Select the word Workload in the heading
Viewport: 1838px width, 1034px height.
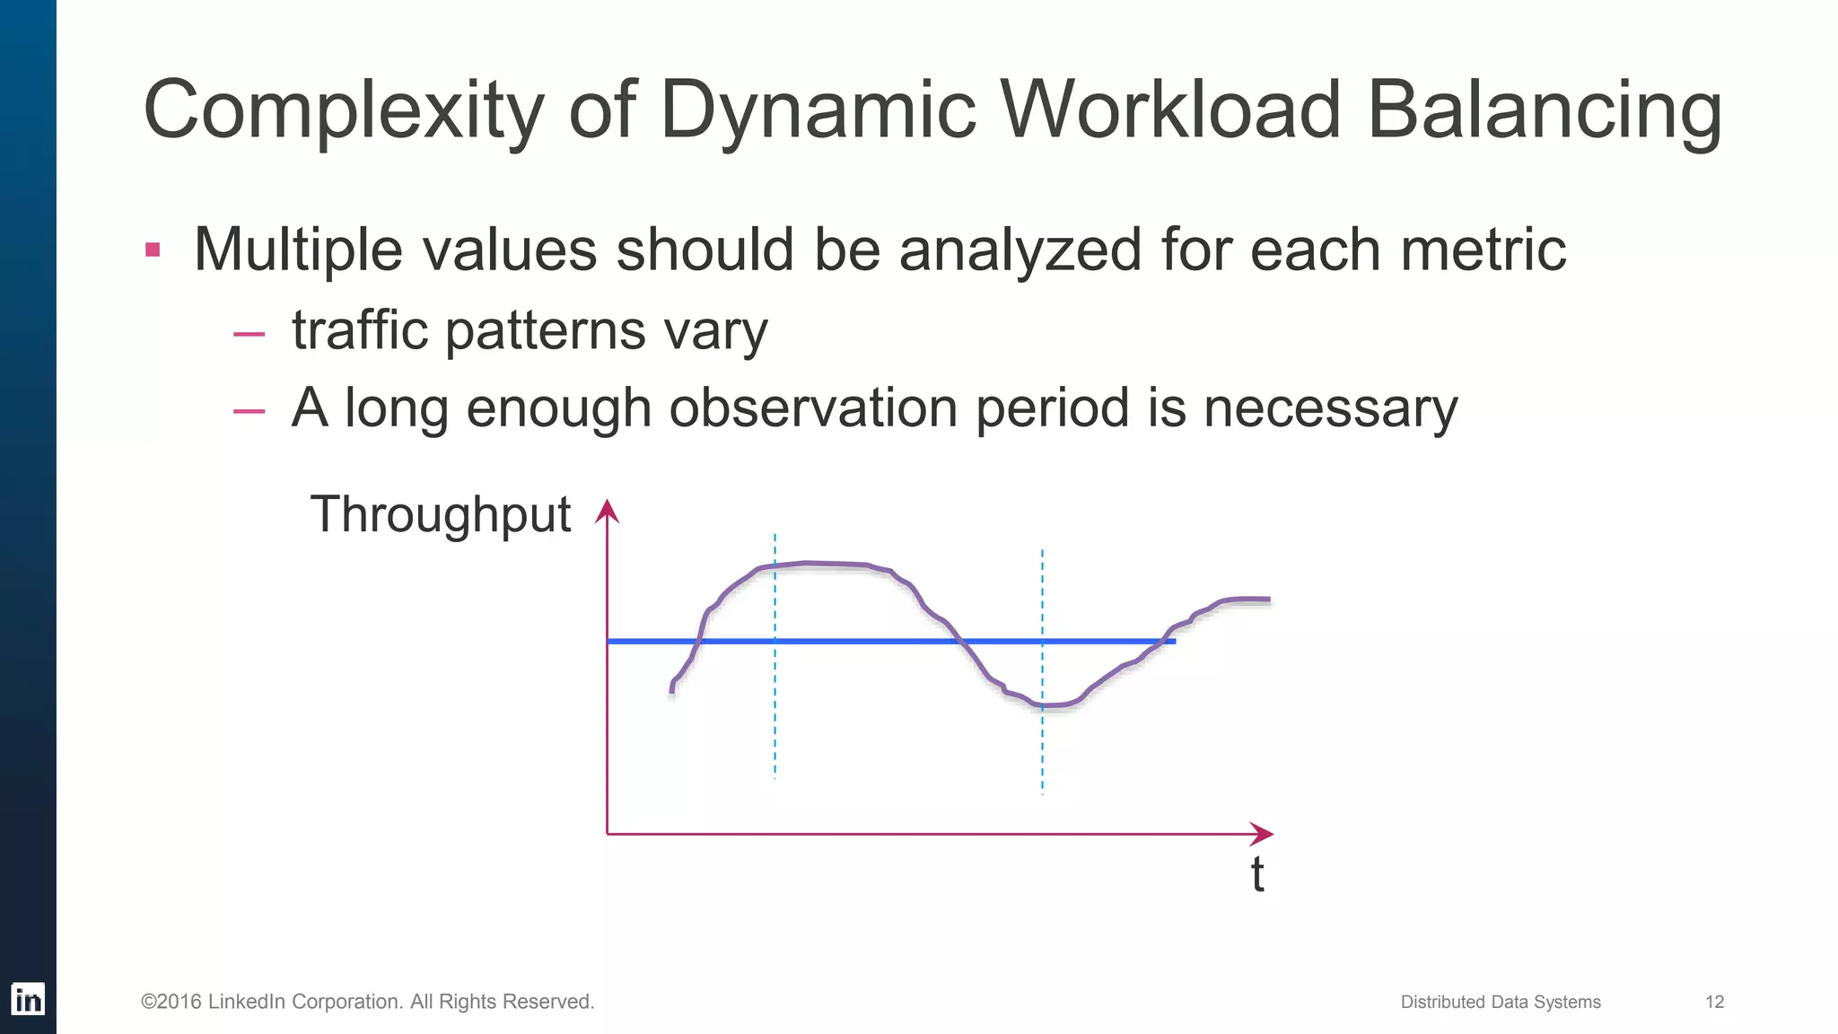[1170, 110]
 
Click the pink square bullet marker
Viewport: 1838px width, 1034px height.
[153, 250]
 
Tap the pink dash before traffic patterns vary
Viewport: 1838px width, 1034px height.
[249, 335]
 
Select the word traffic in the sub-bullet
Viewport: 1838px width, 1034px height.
[360, 330]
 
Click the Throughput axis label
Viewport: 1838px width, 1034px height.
[440, 515]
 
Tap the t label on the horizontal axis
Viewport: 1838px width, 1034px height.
[1257, 874]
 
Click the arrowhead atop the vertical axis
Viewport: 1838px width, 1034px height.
[608, 511]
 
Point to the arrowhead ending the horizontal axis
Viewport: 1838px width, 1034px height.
[1263, 834]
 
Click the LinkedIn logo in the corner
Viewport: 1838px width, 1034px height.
[28, 999]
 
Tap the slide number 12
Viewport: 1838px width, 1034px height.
[1714, 1002]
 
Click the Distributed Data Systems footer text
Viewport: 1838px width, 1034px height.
[1500, 1002]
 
